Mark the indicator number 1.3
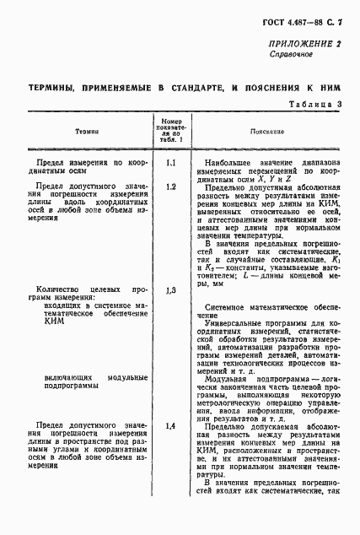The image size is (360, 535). point(170,290)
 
